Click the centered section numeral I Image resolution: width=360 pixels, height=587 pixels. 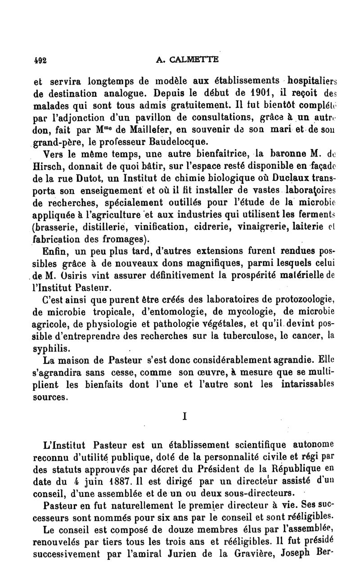(184, 417)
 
